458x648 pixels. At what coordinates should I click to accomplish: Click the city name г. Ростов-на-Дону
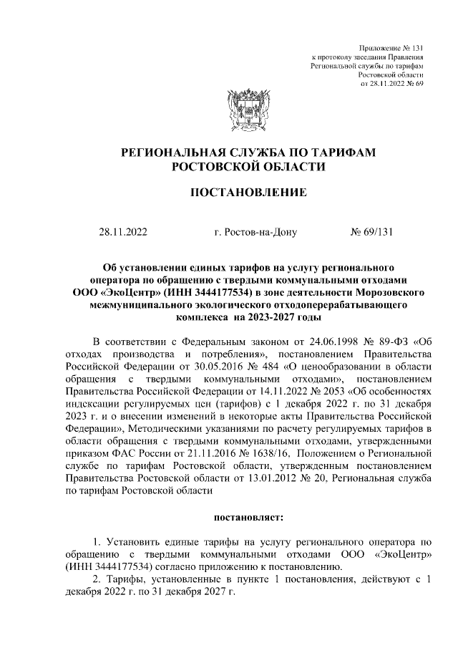250,232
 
